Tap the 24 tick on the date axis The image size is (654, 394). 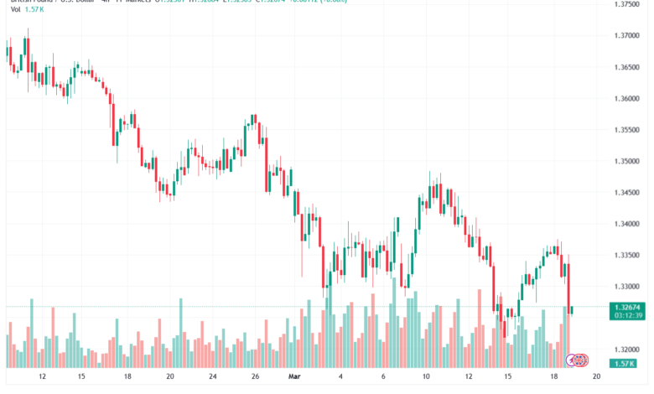213,376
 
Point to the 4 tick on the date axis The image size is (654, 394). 340,376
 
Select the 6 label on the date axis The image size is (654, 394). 382,376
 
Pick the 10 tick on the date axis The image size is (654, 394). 425,376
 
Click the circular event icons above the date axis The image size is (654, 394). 579,360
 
